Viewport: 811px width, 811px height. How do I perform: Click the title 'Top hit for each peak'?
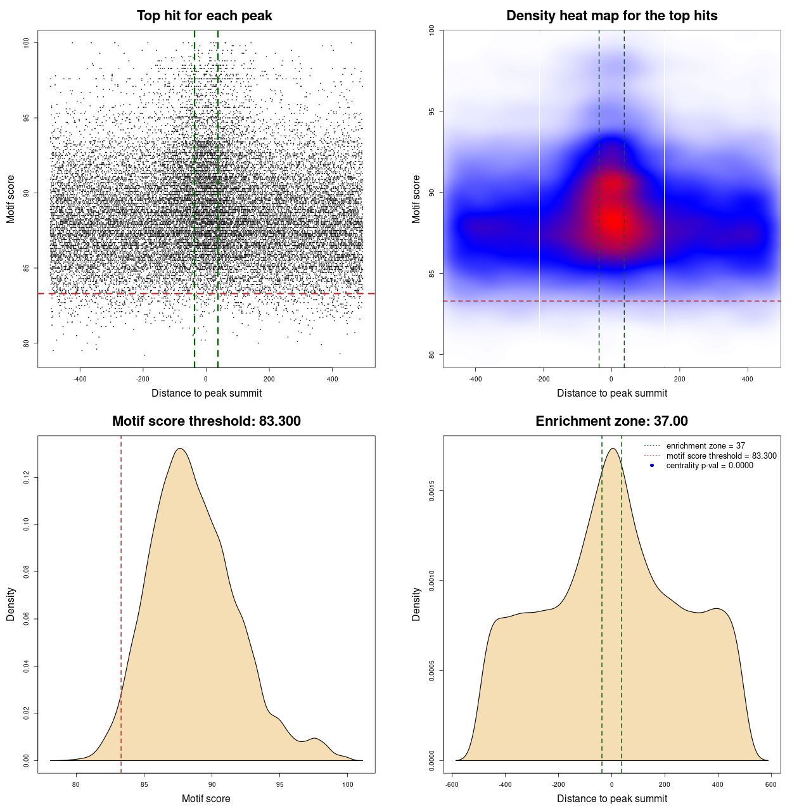click(205, 16)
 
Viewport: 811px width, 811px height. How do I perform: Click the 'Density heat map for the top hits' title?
click(611, 16)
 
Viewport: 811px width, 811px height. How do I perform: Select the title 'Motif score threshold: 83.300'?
click(206, 421)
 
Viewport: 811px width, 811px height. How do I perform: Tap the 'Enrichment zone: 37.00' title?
click(611, 421)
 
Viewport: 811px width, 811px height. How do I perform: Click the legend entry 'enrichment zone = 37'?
click(705, 446)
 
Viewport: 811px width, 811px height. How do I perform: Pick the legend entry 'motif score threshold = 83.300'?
click(721, 456)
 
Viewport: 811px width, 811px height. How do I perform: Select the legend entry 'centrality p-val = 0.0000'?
click(710, 466)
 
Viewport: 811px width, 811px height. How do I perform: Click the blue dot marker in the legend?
click(652, 466)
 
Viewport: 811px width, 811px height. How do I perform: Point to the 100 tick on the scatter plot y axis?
click(27, 42)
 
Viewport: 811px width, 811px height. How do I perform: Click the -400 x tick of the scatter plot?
click(80, 379)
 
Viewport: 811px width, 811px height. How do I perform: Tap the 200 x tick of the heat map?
click(680, 379)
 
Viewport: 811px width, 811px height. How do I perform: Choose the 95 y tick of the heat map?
click(432, 112)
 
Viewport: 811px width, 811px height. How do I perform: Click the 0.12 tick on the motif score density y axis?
click(27, 477)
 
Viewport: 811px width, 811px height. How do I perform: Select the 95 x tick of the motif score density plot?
click(280, 784)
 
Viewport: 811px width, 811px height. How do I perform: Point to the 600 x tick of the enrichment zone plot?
click(770, 784)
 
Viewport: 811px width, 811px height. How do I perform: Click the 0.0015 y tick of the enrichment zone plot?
click(432, 490)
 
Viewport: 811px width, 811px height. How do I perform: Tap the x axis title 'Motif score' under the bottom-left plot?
click(206, 798)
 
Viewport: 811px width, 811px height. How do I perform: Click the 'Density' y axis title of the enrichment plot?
click(416, 604)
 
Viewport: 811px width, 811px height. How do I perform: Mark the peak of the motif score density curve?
click(180, 449)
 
